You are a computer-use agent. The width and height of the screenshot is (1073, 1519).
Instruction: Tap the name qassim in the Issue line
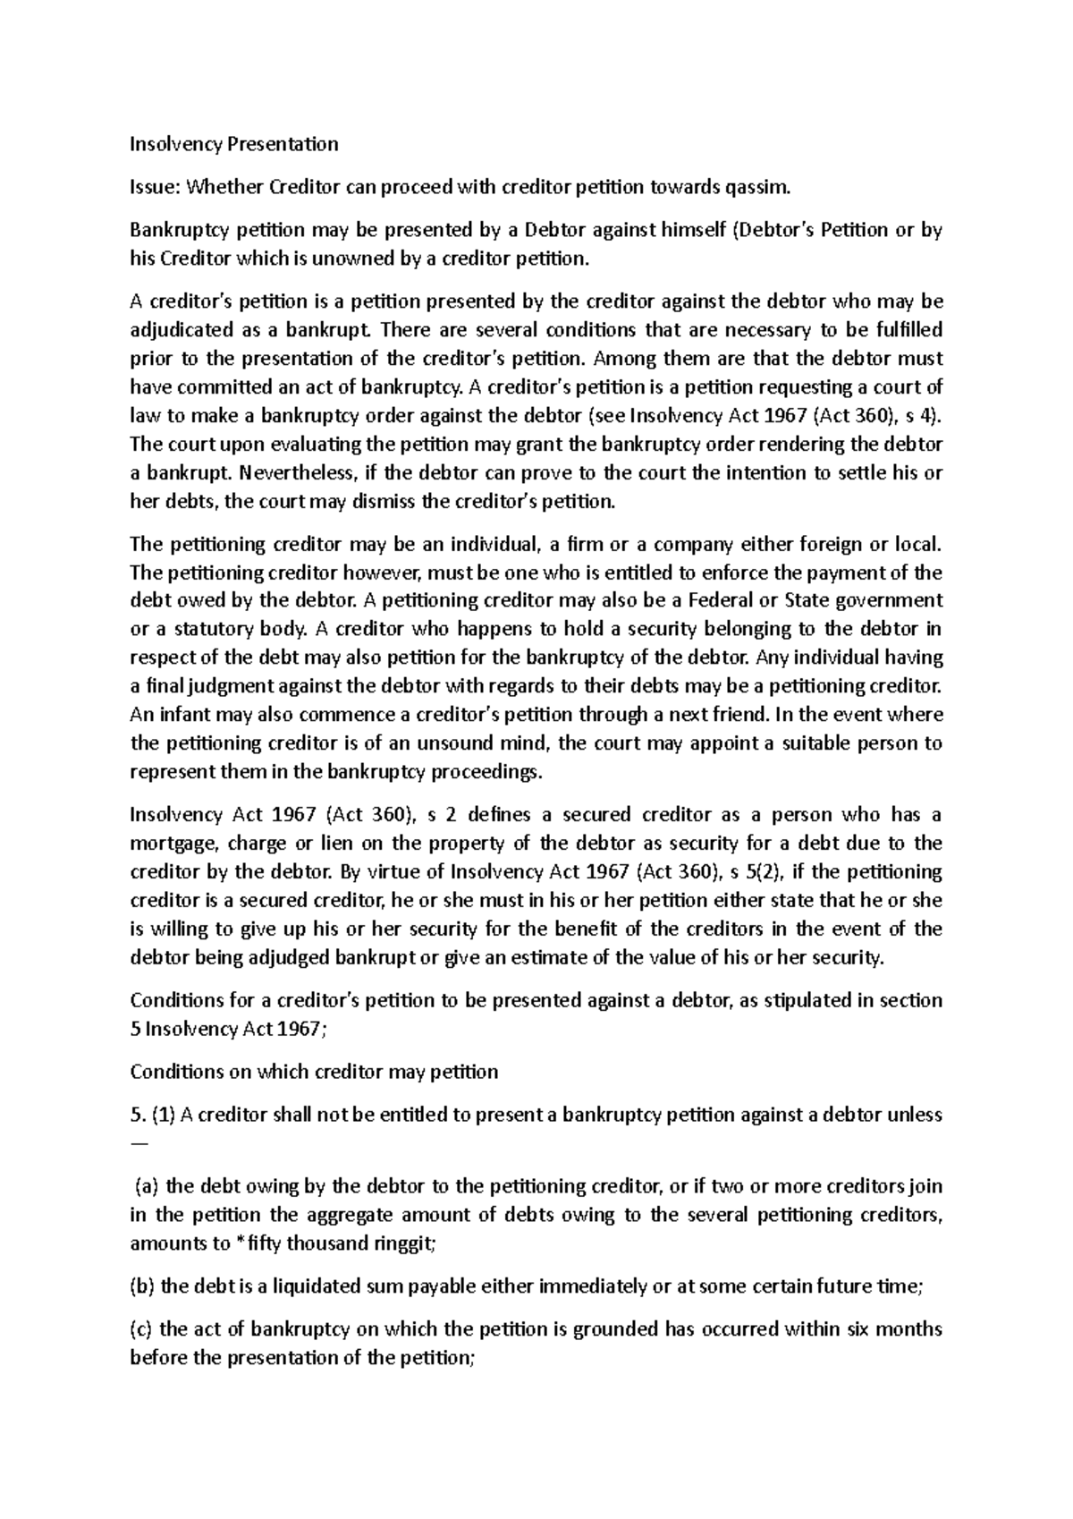(761, 187)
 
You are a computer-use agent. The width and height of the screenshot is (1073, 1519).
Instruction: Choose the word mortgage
(173, 844)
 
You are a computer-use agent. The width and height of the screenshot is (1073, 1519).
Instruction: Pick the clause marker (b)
(143, 1286)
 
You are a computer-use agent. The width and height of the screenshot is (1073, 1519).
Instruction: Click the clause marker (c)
(142, 1329)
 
